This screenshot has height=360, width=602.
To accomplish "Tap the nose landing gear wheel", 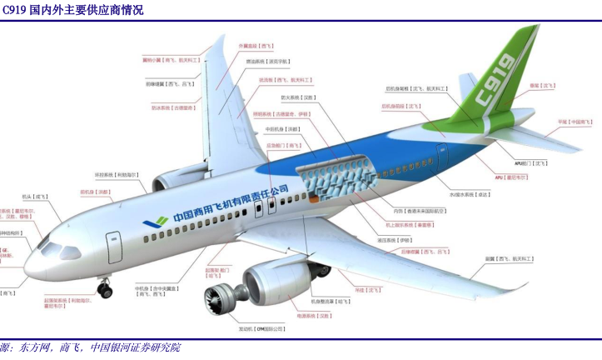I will click(x=105, y=290).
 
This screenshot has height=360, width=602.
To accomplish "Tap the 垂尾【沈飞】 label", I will click(x=542, y=84).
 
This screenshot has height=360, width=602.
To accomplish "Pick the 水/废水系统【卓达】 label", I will click(x=470, y=194).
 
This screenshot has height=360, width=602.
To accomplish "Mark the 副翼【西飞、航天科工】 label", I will click(x=509, y=259).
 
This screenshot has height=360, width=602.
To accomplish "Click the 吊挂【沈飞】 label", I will click(x=368, y=290).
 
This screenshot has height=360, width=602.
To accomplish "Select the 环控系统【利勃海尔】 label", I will click(x=121, y=175).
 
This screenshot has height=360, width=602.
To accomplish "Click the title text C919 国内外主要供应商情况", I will click(x=72, y=10).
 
